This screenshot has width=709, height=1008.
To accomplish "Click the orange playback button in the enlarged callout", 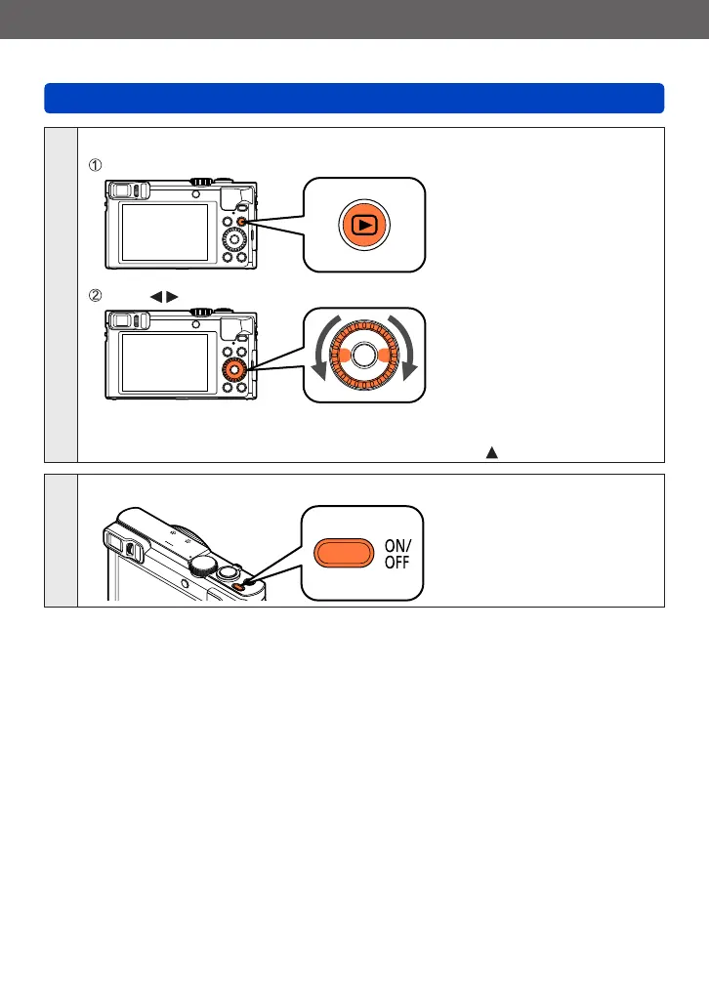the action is (x=363, y=225).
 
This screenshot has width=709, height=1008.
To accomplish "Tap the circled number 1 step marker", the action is (x=96, y=163).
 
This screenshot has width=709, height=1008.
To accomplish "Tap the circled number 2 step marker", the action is (x=96, y=295).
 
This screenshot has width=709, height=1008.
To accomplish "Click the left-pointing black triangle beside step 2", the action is (x=154, y=295).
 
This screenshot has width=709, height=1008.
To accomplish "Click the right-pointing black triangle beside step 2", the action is (x=171, y=295).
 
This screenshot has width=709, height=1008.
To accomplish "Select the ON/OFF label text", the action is (x=395, y=553).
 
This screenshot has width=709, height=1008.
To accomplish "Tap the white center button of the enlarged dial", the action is (x=363, y=357).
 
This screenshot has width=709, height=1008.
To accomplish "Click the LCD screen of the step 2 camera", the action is (x=163, y=363).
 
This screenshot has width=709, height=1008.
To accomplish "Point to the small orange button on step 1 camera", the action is (x=242, y=224).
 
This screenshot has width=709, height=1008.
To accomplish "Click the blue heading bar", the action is (x=354, y=99).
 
